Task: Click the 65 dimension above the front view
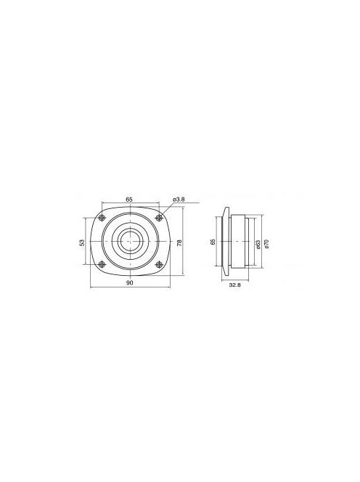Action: [128, 198]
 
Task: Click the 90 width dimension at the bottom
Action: [128, 283]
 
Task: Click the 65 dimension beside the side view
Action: [213, 242]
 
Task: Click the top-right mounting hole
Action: [158, 218]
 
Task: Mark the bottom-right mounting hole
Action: [158, 264]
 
